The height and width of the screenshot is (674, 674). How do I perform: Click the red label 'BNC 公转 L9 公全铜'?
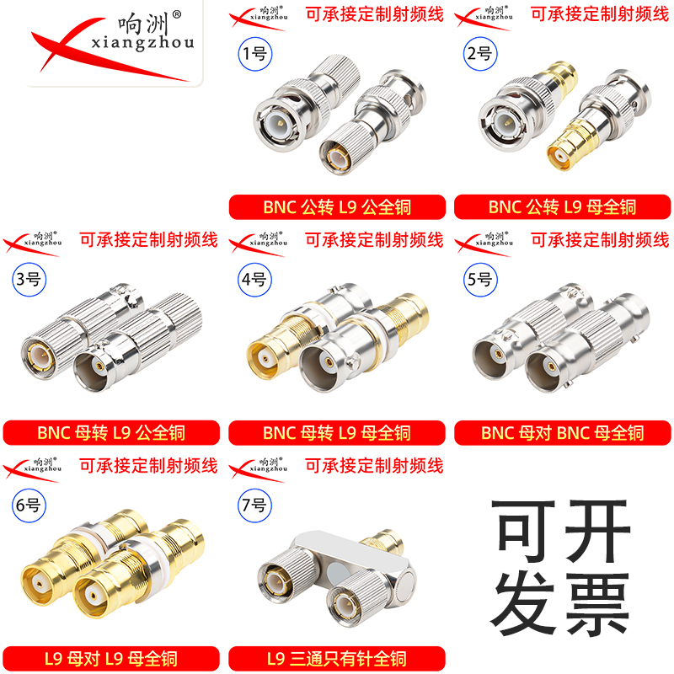(337, 207)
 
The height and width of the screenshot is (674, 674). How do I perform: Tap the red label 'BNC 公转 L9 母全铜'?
(562, 207)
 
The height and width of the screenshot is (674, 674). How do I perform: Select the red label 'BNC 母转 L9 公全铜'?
(111, 433)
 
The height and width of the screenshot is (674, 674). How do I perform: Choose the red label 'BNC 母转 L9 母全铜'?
(337, 433)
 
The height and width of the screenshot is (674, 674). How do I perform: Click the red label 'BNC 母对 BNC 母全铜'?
(562, 433)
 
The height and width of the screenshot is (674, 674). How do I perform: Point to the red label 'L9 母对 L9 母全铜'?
(111, 659)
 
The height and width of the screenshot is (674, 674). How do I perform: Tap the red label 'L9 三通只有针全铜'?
(337, 659)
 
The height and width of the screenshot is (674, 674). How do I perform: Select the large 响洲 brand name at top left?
(138, 20)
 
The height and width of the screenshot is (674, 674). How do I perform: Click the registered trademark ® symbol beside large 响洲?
(176, 14)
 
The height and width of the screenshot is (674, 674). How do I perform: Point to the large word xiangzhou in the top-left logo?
(138, 42)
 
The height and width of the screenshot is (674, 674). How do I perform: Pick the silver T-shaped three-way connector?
(337, 573)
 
